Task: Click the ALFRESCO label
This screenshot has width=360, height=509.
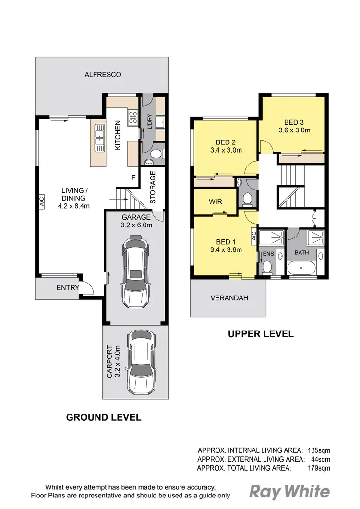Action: [103, 75]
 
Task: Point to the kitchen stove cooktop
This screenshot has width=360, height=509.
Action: [132, 117]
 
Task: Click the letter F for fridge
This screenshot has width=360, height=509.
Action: [134, 177]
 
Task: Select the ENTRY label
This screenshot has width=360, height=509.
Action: [68, 288]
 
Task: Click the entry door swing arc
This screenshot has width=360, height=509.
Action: [87, 287]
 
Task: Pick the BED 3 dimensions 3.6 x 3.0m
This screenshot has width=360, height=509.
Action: [294, 130]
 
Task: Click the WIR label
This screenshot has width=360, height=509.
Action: [216, 201]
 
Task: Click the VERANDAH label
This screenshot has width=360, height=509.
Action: [229, 298]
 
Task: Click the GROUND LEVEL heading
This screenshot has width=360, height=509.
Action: [103, 417]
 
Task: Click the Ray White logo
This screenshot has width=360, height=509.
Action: [290, 491]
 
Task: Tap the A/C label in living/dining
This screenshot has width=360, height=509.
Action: [42, 201]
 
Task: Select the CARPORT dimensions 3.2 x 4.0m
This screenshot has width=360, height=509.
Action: [117, 362]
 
